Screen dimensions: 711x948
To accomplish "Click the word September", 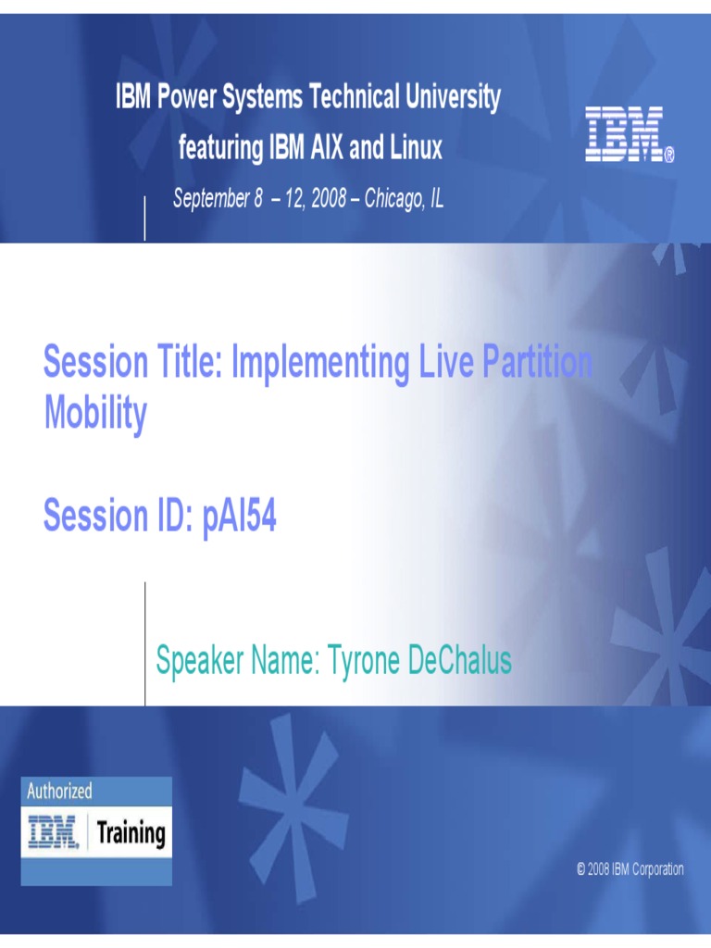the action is tap(211, 198).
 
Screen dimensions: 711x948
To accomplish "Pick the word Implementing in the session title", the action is tap(320, 363).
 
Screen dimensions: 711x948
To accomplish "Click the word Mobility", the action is tap(95, 414).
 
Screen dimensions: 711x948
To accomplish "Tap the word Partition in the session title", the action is tap(537, 362).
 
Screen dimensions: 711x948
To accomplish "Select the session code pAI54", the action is tap(240, 517).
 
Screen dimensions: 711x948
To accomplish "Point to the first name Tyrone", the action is tap(363, 661).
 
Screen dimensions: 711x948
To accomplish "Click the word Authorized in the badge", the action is tap(59, 791).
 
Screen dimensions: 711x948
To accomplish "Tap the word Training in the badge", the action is tap(131, 834).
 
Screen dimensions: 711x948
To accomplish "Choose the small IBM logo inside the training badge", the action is tap(53, 832).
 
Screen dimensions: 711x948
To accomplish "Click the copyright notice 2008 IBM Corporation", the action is tap(630, 869).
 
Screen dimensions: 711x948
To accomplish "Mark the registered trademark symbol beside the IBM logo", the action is tap(669, 156).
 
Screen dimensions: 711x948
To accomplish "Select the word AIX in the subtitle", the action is tap(327, 147).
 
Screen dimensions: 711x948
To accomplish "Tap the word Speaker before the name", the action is tap(200, 661).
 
